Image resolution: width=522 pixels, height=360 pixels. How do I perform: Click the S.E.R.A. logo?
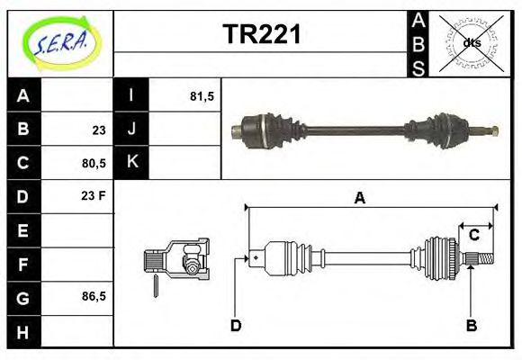tap(59, 40)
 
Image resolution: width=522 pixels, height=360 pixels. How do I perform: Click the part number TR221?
tap(261, 35)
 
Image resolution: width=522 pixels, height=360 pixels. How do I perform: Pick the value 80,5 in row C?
tap(94, 163)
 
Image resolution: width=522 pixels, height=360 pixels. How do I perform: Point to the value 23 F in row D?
tap(94, 196)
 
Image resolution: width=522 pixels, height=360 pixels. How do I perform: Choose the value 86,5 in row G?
tap(94, 296)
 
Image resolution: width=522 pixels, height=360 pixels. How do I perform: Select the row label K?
tap(131, 163)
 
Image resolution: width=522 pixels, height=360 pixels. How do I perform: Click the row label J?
tap(131, 130)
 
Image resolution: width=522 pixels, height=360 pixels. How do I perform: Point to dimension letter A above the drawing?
tap(360, 199)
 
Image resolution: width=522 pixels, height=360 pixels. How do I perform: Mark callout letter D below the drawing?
tap(235, 325)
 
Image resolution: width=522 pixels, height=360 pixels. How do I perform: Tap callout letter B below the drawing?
tap(471, 325)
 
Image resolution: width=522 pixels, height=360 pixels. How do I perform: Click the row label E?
tap(23, 230)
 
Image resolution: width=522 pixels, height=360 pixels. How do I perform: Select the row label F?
tap(23, 264)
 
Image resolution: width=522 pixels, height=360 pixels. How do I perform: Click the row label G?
tap(23, 296)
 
